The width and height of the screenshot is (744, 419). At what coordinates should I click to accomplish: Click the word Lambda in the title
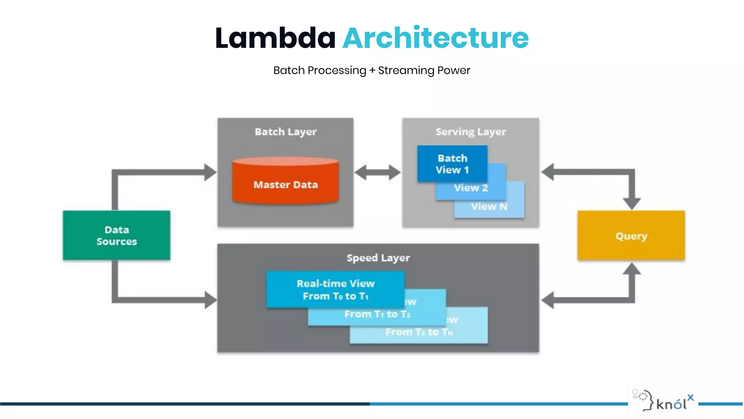pyautogui.click(x=275, y=38)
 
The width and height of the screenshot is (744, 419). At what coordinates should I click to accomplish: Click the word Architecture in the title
pyautogui.click(x=435, y=38)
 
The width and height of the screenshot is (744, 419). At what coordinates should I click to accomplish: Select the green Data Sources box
pyautogui.click(x=116, y=235)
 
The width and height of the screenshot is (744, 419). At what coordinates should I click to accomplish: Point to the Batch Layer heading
pyautogui.click(x=286, y=132)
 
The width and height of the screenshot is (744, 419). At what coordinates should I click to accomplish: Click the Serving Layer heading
pyautogui.click(x=470, y=132)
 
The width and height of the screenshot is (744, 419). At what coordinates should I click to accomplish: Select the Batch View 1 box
pyautogui.click(x=452, y=164)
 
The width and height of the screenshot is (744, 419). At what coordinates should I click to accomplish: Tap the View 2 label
pyautogui.click(x=471, y=188)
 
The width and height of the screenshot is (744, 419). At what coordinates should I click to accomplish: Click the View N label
pyautogui.click(x=489, y=207)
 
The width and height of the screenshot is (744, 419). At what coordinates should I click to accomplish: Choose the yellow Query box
pyautogui.click(x=631, y=236)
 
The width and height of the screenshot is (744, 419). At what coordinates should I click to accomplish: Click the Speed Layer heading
pyautogui.click(x=378, y=258)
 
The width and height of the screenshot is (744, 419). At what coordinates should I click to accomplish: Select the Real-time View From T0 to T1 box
pyautogui.click(x=335, y=290)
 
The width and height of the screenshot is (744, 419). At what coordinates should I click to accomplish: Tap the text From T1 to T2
pyautogui.click(x=377, y=314)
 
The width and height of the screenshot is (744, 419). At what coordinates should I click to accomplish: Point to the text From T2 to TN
pyautogui.click(x=418, y=332)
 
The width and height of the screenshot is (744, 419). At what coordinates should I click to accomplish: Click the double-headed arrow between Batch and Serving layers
pyautogui.click(x=377, y=172)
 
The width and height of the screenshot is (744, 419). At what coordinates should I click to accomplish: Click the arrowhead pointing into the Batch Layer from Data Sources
pyautogui.click(x=210, y=172)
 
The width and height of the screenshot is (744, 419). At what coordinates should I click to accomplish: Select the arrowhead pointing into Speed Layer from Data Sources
pyautogui.click(x=210, y=300)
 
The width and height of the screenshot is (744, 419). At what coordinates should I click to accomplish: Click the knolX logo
pyautogui.click(x=663, y=400)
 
